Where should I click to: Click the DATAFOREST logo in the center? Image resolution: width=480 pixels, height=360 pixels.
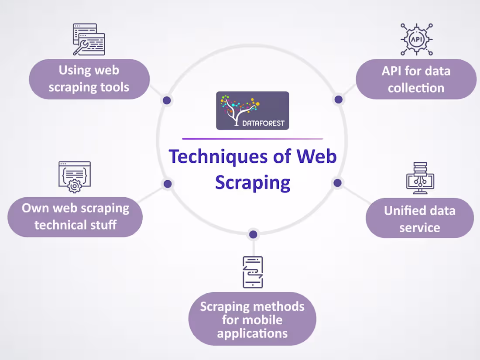pyautogui.click(x=252, y=110)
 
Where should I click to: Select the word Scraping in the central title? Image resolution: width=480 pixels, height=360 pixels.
pyautogui.click(x=253, y=182)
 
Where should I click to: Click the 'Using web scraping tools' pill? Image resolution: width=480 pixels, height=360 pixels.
pyautogui.click(x=89, y=79)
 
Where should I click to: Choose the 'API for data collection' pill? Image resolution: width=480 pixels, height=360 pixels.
pyautogui.click(x=416, y=79)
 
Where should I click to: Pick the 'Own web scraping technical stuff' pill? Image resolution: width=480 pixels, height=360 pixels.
pyautogui.click(x=75, y=216)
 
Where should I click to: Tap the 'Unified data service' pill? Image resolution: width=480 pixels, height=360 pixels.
pyautogui.click(x=419, y=219)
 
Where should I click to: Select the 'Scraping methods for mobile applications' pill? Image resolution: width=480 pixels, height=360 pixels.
pyautogui.click(x=252, y=319)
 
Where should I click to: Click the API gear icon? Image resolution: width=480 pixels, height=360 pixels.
pyautogui.click(x=416, y=39)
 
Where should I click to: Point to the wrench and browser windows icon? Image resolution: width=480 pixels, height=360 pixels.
pyautogui.click(x=89, y=39)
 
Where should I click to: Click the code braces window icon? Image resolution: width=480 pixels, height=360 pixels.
pyautogui.click(x=75, y=177)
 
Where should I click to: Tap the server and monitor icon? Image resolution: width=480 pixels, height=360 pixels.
pyautogui.click(x=420, y=178)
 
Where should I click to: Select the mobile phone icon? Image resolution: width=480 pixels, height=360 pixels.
pyautogui.click(x=253, y=272)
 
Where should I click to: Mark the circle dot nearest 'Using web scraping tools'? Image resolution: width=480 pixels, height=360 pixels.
pyautogui.click(x=166, y=101)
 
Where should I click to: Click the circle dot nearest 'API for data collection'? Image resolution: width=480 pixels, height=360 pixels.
pyautogui.click(x=338, y=100)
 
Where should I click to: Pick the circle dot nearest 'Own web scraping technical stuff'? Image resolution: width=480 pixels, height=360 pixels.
pyautogui.click(x=167, y=184)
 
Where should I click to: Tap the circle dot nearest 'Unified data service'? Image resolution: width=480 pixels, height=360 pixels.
pyautogui.click(x=337, y=183)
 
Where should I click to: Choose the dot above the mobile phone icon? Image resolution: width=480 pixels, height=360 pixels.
pyautogui.click(x=253, y=235)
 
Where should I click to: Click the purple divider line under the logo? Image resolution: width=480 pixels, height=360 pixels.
pyautogui.click(x=252, y=139)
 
